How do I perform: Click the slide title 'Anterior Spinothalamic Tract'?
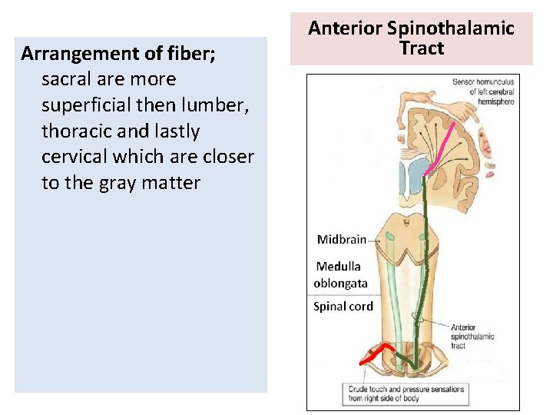pyautogui.click(x=411, y=38)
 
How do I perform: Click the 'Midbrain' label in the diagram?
pyautogui.click(x=341, y=239)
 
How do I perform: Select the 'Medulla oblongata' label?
pyautogui.click(x=341, y=274)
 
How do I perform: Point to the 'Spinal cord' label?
pyautogui.click(x=343, y=306)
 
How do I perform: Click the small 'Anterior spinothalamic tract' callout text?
pyautogui.click(x=472, y=336)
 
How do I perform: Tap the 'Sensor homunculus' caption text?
pyautogui.click(x=483, y=91)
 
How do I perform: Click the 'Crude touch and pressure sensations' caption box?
pyautogui.click(x=406, y=393)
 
